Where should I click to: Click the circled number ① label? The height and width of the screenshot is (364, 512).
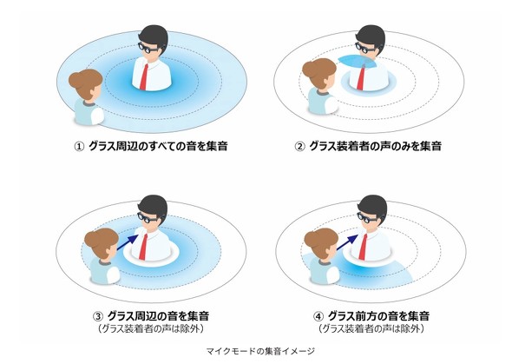pyautogui.click(x=79, y=146)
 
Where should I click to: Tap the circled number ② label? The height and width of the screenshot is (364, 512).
pyautogui.click(x=299, y=146)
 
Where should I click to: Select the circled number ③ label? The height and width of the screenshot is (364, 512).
pyautogui.click(x=98, y=316)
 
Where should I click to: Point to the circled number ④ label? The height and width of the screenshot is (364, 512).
pyautogui.click(x=318, y=316)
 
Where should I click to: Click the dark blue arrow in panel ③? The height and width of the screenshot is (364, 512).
pyautogui.click(x=127, y=242)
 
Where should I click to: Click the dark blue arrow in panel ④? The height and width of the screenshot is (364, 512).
pyautogui.click(x=347, y=242)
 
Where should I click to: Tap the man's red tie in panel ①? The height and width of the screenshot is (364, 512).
pyautogui.click(x=144, y=76)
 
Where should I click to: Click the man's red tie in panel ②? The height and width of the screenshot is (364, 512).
pyautogui.click(x=361, y=76)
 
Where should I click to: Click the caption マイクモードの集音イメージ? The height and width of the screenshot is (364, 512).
pyautogui.click(x=260, y=351)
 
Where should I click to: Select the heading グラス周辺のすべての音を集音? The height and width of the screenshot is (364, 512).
pyautogui.click(x=158, y=146)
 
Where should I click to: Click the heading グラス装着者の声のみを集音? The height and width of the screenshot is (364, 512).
pyautogui.click(x=375, y=146)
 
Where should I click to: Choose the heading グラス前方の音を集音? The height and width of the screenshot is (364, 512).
pyautogui.click(x=378, y=316)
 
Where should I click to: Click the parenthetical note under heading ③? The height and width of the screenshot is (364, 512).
pyautogui.click(x=150, y=328)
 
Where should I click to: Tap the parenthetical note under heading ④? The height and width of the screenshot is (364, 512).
pyautogui.click(x=371, y=328)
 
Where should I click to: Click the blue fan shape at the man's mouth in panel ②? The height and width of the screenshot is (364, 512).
pyautogui.click(x=357, y=61)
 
